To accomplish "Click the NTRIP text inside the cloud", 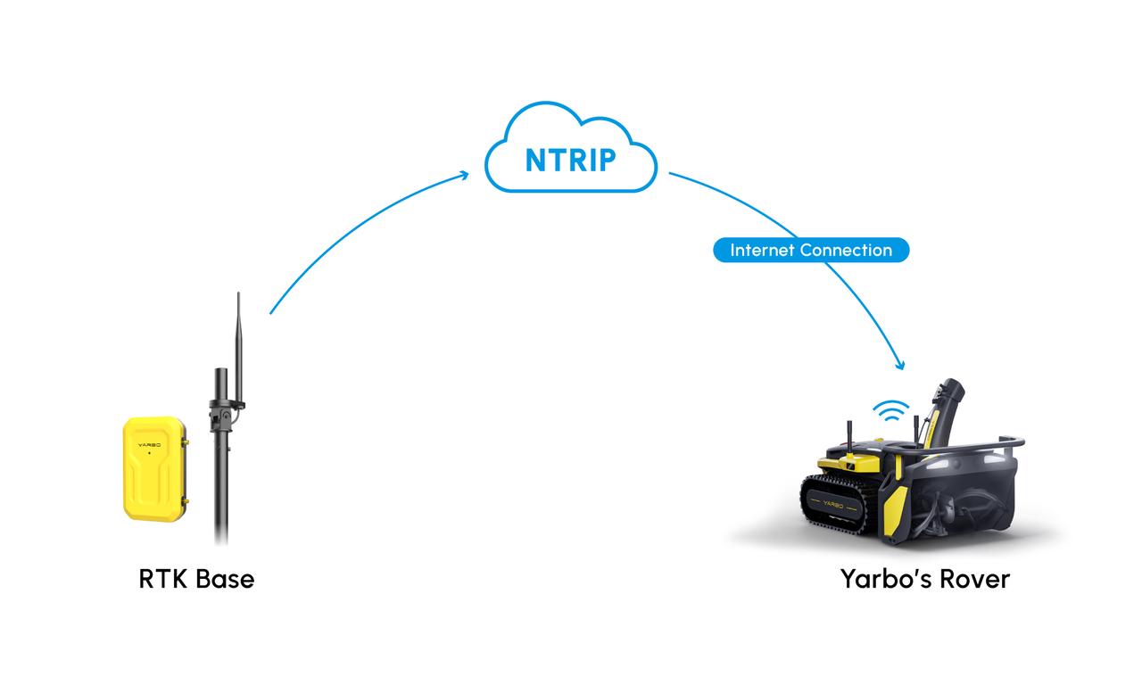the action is click(570, 160).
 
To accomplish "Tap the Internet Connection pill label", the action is click(811, 250).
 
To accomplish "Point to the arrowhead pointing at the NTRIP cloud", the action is click(463, 176).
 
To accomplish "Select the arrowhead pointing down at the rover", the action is click(900, 365).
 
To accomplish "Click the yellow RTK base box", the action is click(154, 469).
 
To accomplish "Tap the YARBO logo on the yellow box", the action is click(149, 445).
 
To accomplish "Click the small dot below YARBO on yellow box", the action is click(149, 452).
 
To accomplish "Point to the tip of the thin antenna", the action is click(238, 293).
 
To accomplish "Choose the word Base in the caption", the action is click(225, 579).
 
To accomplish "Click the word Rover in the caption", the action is click(975, 580).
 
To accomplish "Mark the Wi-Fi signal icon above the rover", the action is click(890, 410).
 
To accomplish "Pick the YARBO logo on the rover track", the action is click(833, 505).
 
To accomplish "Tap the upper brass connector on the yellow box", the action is click(185, 442).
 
